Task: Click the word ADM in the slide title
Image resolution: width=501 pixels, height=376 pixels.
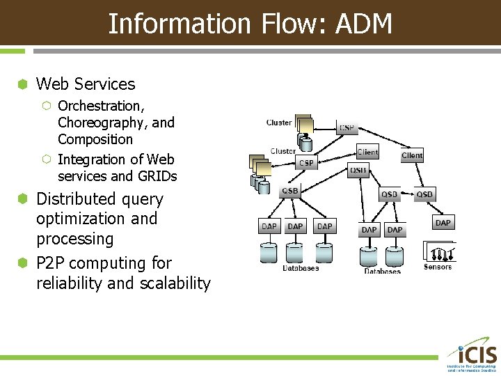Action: (x=364, y=24)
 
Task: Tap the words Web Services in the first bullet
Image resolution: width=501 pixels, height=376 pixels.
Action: (x=86, y=84)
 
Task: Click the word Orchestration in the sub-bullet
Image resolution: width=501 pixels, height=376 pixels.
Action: (x=100, y=106)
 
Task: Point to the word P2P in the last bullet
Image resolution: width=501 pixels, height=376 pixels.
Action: (x=51, y=263)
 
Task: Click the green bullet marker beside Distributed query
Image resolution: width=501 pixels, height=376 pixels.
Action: (x=23, y=199)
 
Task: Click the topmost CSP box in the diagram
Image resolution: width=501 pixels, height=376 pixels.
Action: (x=347, y=127)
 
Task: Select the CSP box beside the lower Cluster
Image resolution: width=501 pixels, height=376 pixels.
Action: (x=306, y=163)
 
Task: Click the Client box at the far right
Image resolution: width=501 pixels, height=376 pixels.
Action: (x=412, y=156)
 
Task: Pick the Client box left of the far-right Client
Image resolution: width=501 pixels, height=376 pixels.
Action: (x=367, y=152)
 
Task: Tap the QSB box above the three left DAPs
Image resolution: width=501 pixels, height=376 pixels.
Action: (x=289, y=191)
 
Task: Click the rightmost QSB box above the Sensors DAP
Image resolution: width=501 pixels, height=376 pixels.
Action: (x=424, y=194)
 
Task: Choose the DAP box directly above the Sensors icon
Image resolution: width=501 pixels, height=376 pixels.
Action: (x=443, y=222)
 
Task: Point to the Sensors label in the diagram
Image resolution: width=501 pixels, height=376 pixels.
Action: (x=438, y=267)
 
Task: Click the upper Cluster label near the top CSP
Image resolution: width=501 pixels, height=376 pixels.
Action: (x=279, y=123)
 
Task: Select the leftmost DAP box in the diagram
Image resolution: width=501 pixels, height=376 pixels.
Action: (x=269, y=226)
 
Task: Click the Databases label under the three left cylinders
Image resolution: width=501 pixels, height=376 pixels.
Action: (x=301, y=268)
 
